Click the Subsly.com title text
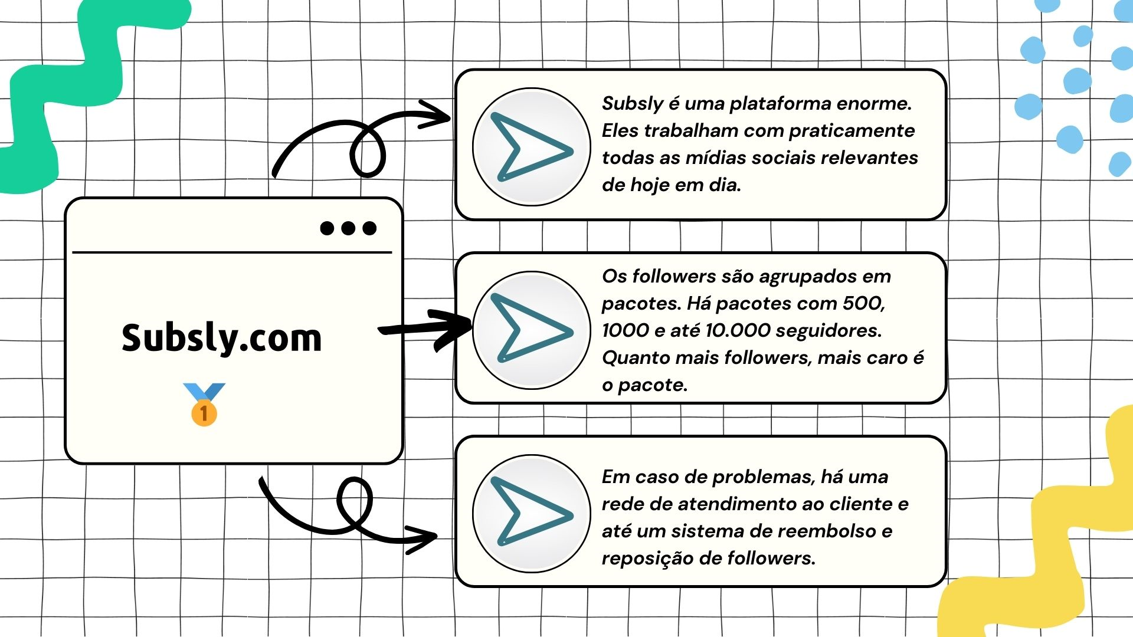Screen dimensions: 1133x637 pos(222,337)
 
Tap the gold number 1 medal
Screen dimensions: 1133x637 pos(204,405)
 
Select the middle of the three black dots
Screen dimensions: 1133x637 pos(348,228)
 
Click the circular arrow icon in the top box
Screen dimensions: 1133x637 pos(531,147)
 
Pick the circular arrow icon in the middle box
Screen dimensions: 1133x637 pos(531,330)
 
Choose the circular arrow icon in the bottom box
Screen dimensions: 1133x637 pos(531,513)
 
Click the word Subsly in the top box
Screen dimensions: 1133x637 pos(633,104)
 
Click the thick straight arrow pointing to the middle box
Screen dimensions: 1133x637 pos(425,329)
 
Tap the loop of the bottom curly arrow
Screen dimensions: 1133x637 pos(354,501)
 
